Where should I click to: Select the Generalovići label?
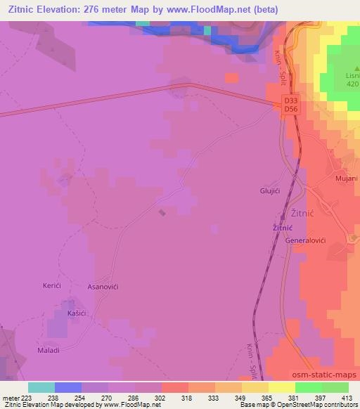pyautogui.click(x=306, y=240)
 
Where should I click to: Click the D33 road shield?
pyautogui.click(x=290, y=100)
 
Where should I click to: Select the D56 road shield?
pyautogui.click(x=290, y=110)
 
